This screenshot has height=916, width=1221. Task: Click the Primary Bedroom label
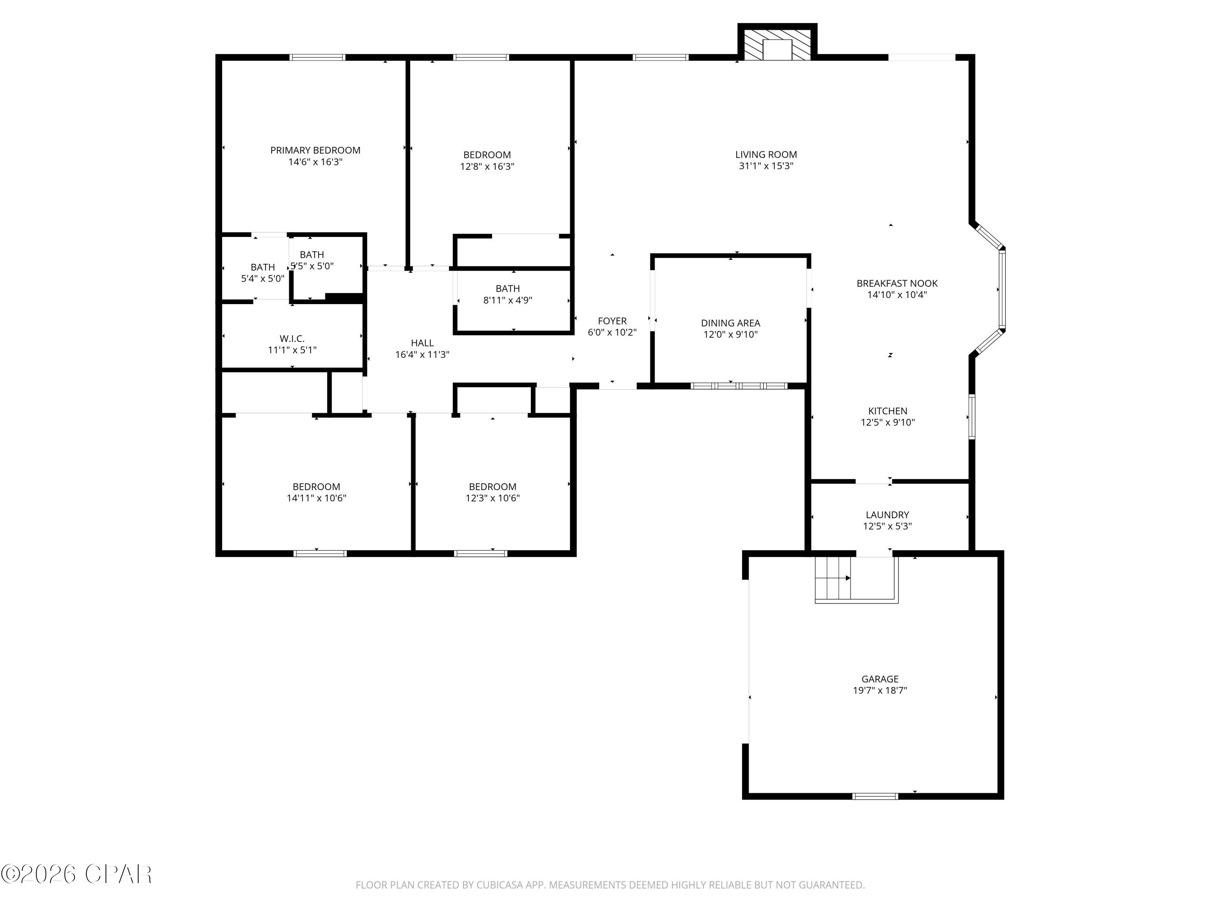coord(315,150)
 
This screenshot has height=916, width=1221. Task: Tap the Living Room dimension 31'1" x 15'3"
coord(766,166)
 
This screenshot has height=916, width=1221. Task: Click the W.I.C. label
coord(291,338)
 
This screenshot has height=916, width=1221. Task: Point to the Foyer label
coord(612,321)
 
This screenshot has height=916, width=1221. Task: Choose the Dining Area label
coord(730,323)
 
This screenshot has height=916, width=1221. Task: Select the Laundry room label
coord(887,515)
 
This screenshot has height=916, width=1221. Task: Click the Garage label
coord(880,679)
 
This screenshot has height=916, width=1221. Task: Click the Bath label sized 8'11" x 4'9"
coord(507,289)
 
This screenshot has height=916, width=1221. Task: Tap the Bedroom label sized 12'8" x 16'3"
coord(487,155)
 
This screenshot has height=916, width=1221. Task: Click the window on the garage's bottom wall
coord(875,795)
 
